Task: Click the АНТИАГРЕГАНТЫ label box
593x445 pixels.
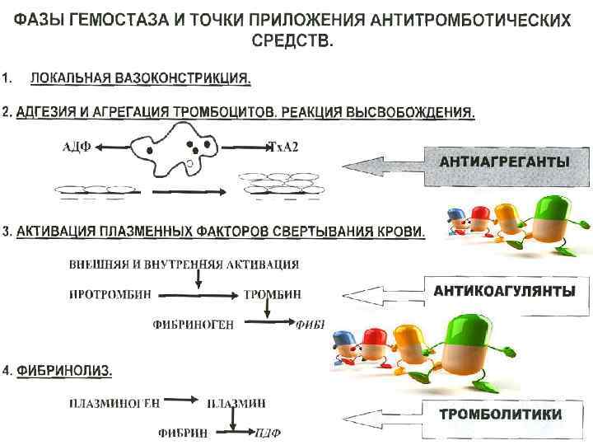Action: (505, 162)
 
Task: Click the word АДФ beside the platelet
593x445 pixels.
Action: (77, 148)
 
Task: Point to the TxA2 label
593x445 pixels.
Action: (285, 148)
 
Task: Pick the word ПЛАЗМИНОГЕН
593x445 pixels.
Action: (114, 402)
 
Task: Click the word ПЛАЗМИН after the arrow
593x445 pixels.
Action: (236, 402)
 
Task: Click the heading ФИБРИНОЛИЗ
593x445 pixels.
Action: (63, 371)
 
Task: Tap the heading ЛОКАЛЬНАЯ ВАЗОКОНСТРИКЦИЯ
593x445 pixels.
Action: (140, 79)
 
